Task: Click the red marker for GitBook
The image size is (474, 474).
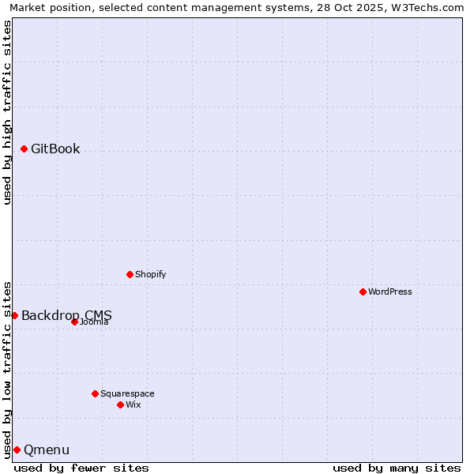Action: click(24, 149)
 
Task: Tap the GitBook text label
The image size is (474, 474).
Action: click(55, 149)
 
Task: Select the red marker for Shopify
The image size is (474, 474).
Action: click(130, 275)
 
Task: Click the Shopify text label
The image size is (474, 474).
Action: click(150, 275)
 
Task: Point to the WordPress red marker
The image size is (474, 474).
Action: click(363, 292)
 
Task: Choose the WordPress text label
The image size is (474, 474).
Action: click(390, 292)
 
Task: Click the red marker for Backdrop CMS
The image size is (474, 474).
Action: click(14, 316)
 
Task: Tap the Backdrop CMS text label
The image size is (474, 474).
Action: click(66, 316)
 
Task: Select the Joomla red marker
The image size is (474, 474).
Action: click(74, 322)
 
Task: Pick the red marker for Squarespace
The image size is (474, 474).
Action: click(95, 393)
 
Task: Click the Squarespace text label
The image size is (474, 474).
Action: click(127, 393)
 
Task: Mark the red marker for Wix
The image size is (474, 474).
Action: click(120, 404)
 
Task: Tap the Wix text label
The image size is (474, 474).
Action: click(134, 404)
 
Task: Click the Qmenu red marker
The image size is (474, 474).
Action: click(17, 450)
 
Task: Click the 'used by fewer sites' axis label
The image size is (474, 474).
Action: click(81, 468)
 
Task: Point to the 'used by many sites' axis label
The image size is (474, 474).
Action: click(397, 468)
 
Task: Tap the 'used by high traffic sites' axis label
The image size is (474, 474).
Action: click(7, 112)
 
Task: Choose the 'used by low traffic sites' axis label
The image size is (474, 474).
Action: click(7, 369)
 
